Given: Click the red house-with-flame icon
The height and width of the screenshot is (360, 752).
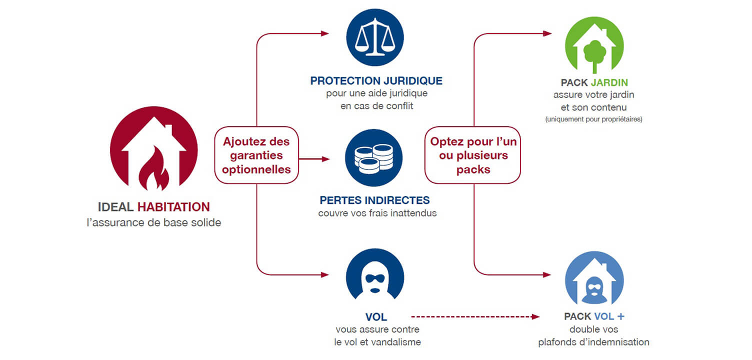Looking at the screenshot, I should [x=153, y=151].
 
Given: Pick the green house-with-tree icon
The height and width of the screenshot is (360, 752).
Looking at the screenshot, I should [x=594, y=45].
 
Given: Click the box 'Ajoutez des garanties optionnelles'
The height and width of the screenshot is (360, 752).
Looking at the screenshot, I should [x=256, y=155].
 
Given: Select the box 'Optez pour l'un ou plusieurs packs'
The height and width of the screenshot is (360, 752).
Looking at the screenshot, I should [x=473, y=155].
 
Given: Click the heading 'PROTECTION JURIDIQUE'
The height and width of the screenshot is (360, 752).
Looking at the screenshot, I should [x=376, y=81].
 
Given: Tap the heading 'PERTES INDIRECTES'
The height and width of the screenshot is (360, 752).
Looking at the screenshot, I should [x=374, y=200].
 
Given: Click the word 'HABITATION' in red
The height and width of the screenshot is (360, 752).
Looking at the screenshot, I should [x=173, y=207].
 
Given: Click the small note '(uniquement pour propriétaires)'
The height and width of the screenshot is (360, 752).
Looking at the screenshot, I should [x=593, y=119].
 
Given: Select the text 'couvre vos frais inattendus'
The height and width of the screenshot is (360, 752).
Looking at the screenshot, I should [x=377, y=213].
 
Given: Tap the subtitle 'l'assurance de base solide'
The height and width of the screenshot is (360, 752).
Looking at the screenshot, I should [x=153, y=222].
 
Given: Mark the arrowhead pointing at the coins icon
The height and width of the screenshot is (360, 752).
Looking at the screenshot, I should [x=326, y=159].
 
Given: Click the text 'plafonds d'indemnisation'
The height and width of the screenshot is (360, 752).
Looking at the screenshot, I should [x=593, y=342].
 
